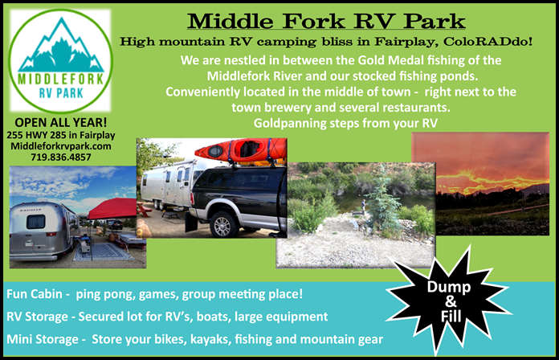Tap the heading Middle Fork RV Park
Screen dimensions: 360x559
pyautogui.click(x=325, y=19)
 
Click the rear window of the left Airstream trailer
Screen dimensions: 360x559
pyautogui.click(x=36, y=222)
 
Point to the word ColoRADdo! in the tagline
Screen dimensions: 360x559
pyautogui.click(x=467, y=41)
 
